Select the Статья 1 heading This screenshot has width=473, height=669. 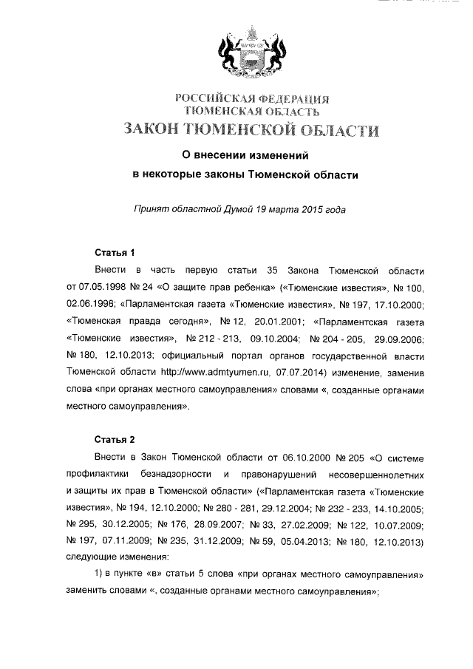(x=115, y=252)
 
